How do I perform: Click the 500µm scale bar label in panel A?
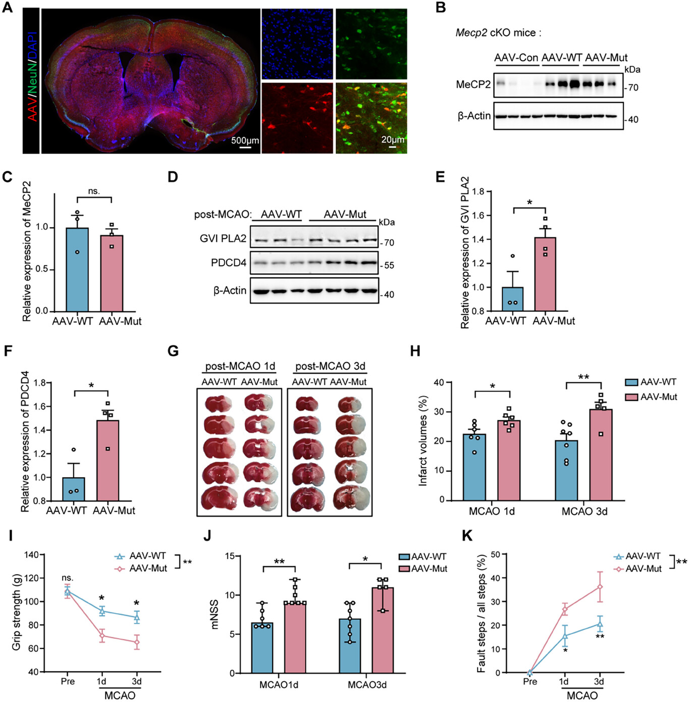245,140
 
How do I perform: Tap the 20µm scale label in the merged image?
393,139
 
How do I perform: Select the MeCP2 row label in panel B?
473,84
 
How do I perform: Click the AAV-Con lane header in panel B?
516,58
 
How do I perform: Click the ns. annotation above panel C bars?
94,191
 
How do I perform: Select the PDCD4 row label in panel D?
229,263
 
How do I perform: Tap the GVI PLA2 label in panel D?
223,238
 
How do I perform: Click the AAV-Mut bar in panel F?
108,460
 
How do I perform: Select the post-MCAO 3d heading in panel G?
330,366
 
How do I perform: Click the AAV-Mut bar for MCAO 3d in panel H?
601,455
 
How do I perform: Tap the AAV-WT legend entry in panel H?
651,382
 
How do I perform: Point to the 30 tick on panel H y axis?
439,412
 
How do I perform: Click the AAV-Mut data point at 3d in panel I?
136,642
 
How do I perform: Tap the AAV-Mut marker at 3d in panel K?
600,587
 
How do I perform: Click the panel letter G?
173,351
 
